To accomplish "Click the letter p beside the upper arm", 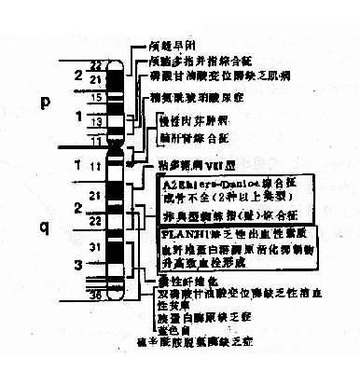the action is pyautogui.click(x=45, y=104).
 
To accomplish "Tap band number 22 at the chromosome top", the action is pyautogui.click(x=93, y=65).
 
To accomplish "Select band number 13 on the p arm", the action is pyautogui.click(x=92, y=120).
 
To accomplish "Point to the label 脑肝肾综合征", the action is pyautogui.click(x=193, y=136).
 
